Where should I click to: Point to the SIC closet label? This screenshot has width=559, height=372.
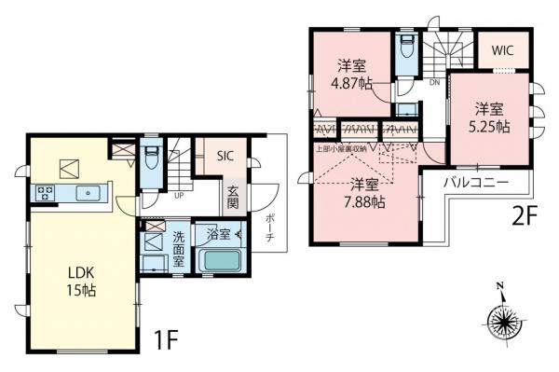(226, 157)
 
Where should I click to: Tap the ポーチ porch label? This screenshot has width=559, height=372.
(270, 226)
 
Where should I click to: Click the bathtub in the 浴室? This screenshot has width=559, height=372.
(222, 258)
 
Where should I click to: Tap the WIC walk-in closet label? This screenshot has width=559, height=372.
(505, 48)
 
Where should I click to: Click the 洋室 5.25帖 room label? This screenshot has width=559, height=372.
(490, 117)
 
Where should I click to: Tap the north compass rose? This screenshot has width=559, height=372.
(504, 323)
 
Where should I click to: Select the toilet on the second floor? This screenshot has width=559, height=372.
(405, 48)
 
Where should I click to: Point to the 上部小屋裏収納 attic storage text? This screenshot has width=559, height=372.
(343, 147)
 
